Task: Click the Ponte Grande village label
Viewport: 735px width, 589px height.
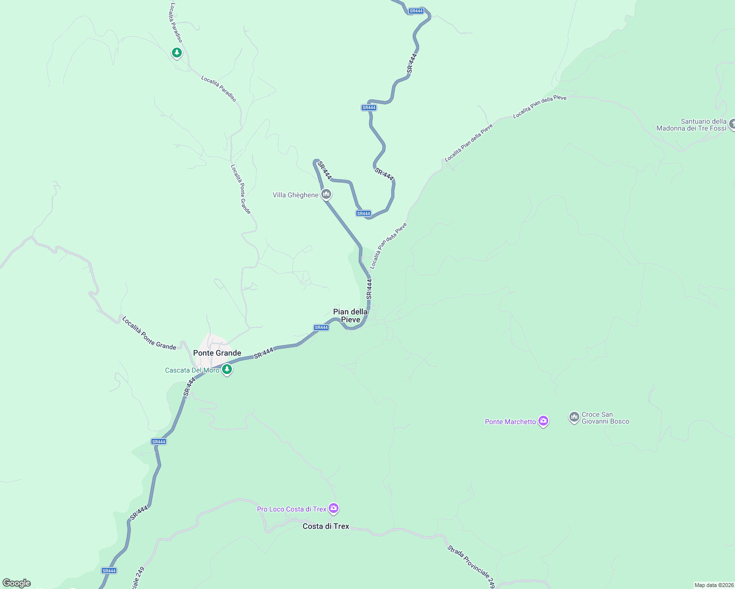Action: (217, 353)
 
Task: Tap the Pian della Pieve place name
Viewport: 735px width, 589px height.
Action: (350, 316)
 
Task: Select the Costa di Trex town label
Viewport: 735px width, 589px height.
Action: (326, 526)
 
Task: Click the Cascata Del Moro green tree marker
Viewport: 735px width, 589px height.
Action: (226, 369)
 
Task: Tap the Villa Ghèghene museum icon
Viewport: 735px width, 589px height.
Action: (326, 194)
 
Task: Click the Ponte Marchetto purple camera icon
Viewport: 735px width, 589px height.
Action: (543, 421)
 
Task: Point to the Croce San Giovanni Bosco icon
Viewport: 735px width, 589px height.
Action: (574, 417)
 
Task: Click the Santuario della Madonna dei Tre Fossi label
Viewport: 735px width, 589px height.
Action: (691, 125)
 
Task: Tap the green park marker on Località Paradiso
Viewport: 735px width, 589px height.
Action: (176, 52)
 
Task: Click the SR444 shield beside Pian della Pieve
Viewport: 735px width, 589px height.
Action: (321, 327)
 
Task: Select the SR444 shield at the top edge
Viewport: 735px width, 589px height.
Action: (416, 11)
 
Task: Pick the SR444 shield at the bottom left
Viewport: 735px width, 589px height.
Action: (109, 570)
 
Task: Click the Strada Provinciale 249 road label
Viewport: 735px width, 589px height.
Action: (471, 566)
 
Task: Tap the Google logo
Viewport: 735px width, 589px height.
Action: (17, 583)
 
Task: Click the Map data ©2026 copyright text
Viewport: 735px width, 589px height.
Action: (713, 585)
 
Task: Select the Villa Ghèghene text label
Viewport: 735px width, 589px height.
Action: (295, 195)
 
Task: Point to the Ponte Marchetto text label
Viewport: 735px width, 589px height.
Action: (510, 422)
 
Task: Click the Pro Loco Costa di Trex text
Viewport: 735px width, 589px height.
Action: (291, 509)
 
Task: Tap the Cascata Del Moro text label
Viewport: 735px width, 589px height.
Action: (192, 370)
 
